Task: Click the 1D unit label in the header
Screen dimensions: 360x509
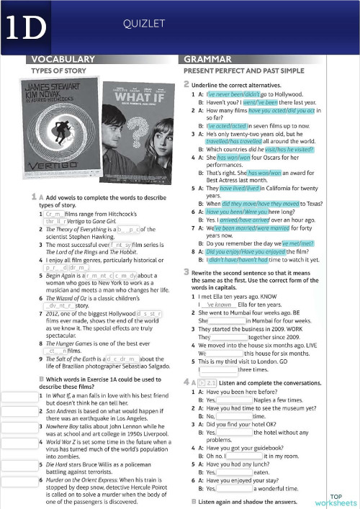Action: [23, 27]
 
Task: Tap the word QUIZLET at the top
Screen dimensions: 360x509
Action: [140, 24]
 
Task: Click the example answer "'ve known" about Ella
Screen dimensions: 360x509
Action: [217, 305]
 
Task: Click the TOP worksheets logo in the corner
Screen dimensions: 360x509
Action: [336, 500]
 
